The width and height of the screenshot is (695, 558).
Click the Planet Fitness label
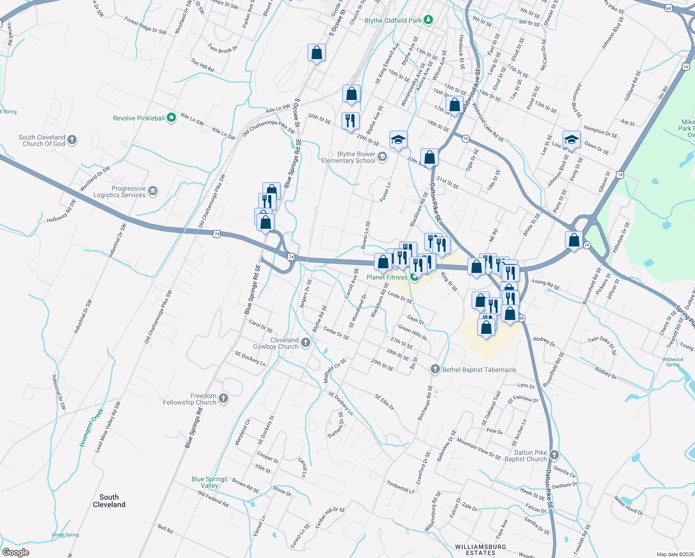click(387, 278)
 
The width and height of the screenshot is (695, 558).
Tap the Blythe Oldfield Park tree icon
click(428, 20)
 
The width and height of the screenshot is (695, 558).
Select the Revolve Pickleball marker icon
click(171, 118)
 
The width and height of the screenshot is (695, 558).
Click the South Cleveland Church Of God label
click(42, 140)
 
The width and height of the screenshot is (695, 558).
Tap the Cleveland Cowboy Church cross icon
click(305, 343)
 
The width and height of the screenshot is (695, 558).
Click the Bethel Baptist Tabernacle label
click(479, 370)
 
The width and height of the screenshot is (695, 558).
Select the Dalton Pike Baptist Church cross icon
click(553, 455)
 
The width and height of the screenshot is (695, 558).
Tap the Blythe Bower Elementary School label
click(348, 158)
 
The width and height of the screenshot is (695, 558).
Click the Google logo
click(15, 552)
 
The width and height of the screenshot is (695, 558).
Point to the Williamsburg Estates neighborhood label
click(480, 550)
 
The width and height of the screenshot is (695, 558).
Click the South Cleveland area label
click(109, 501)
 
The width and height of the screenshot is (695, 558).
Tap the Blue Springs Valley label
click(210, 482)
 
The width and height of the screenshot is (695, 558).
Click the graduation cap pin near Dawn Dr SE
click(571, 139)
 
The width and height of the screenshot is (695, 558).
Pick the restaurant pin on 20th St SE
click(350, 120)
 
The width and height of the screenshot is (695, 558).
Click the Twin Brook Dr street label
click(223, 48)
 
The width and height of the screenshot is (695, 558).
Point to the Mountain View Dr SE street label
click(479, 449)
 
